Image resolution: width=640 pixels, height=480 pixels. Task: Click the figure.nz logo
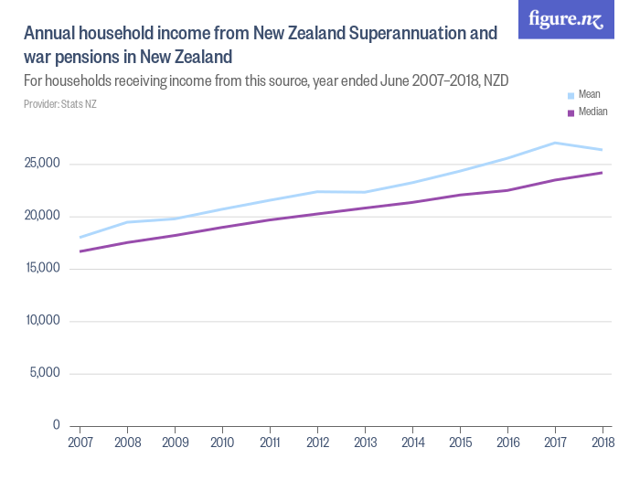566,19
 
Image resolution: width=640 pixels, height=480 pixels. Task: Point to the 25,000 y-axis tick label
42,164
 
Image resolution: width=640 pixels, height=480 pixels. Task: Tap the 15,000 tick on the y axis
42,268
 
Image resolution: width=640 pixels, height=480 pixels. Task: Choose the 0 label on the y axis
55,425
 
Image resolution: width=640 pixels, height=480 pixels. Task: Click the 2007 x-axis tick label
80,443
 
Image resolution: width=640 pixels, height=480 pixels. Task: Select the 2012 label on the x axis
317,443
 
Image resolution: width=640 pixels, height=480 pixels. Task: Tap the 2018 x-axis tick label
602,443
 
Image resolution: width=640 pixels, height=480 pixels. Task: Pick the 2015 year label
460,443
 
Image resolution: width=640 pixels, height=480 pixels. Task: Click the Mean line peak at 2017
555,143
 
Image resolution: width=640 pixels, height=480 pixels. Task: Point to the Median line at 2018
602,173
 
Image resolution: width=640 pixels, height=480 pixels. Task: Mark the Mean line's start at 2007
80,237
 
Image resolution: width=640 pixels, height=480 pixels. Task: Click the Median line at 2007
80,251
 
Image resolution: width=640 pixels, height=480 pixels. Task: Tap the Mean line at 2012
317,192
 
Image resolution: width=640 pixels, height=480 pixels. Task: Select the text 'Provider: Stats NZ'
59,104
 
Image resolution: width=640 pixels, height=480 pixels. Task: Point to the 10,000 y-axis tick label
42,321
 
